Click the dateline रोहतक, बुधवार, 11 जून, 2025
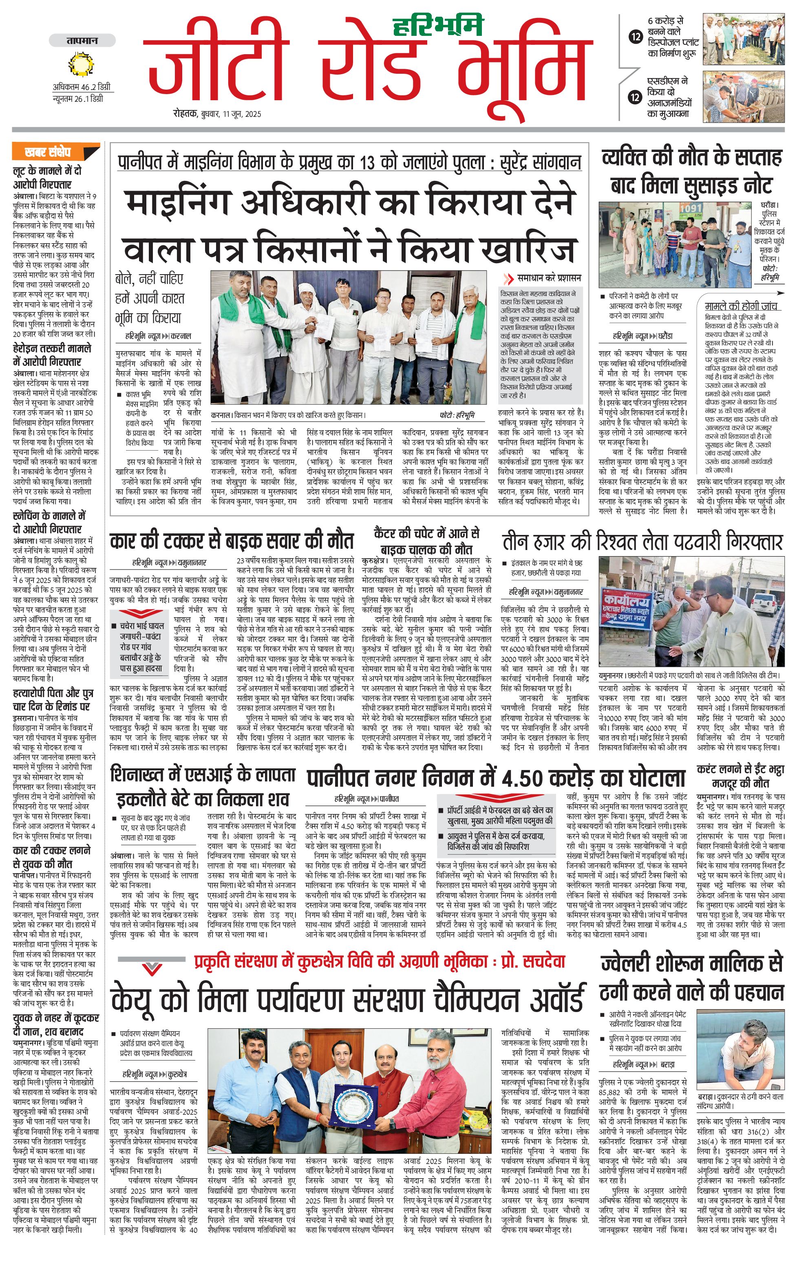click(x=217, y=114)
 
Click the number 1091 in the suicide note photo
click(x=691, y=208)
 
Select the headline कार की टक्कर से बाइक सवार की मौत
click(x=232, y=541)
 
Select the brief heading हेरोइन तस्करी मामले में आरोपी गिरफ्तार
click(x=52, y=354)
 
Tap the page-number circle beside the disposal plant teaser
click(x=636, y=37)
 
